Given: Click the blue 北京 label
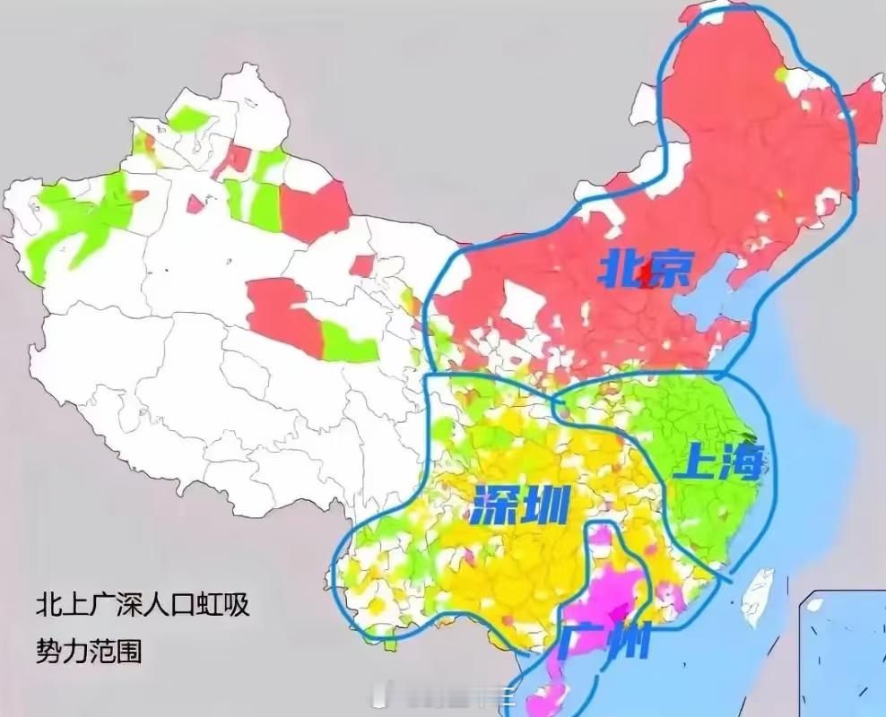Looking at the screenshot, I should pyautogui.click(x=646, y=270).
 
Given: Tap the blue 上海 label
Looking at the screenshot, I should pyautogui.click(x=722, y=463).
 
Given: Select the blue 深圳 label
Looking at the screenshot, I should pyautogui.click(x=519, y=508).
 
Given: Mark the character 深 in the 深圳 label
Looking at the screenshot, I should pyautogui.click(x=493, y=508).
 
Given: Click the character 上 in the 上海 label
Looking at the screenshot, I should pyautogui.click(x=698, y=464).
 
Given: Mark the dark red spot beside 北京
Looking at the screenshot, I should pyautogui.click(x=647, y=280).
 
